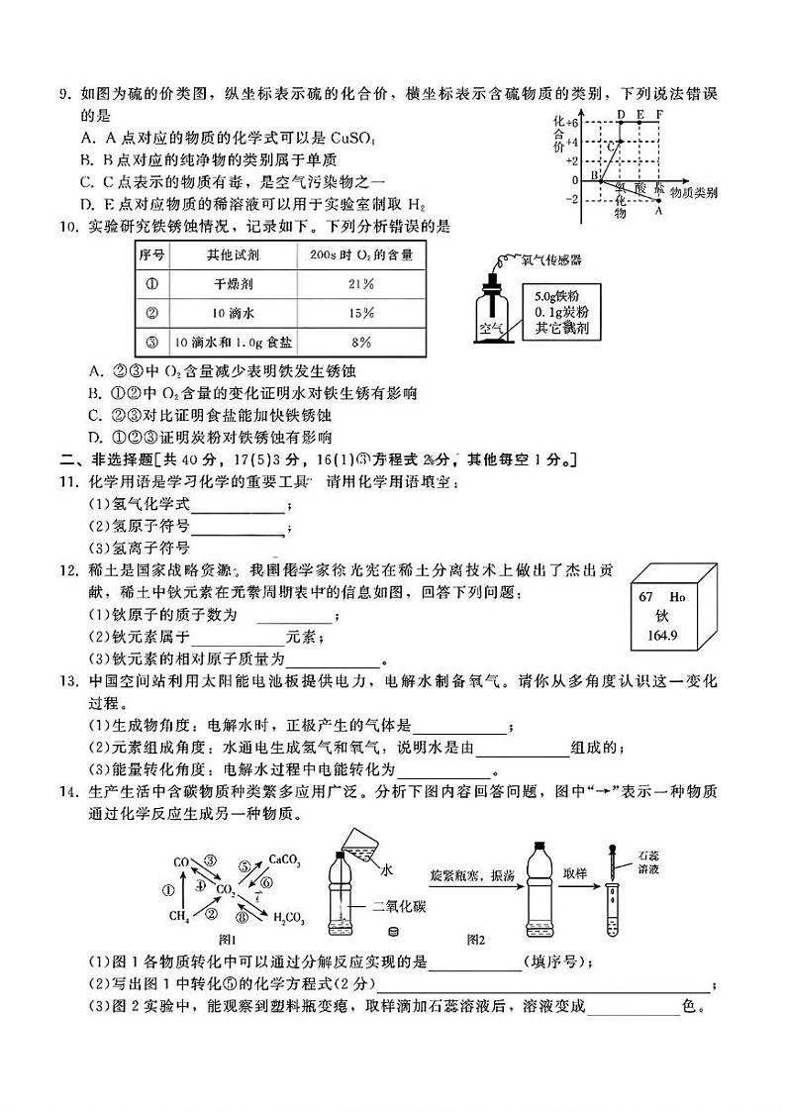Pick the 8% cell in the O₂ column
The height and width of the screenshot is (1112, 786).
coord(360,342)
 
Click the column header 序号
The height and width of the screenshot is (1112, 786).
coord(151,254)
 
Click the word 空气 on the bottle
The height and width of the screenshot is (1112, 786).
coord(492,325)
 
